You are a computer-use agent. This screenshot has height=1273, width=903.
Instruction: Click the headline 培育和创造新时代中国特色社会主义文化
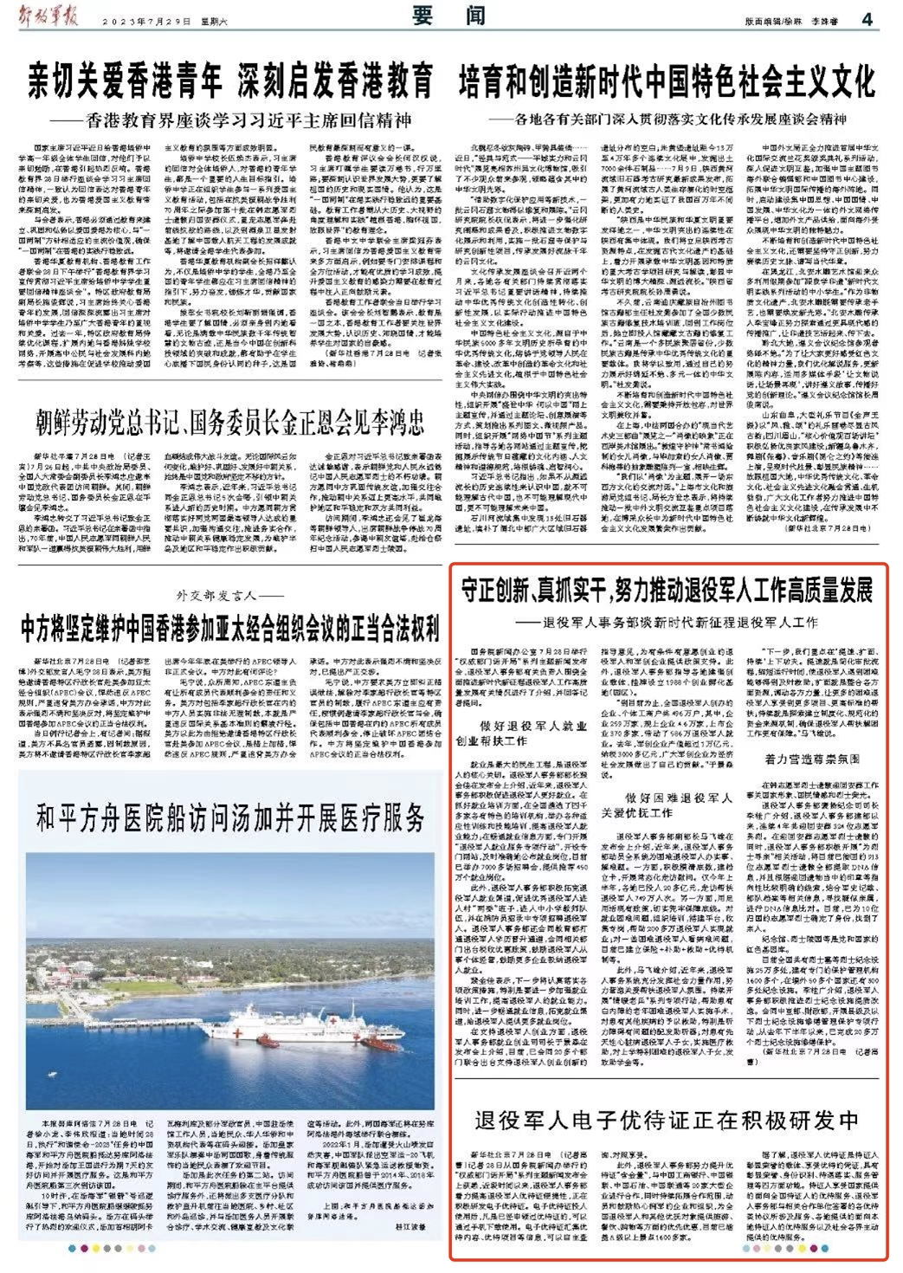click(x=667, y=83)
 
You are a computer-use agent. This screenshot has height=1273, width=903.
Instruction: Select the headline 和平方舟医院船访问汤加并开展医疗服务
click(x=230, y=817)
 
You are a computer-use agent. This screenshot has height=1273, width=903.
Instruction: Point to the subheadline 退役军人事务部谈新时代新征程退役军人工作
click(x=680, y=622)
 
